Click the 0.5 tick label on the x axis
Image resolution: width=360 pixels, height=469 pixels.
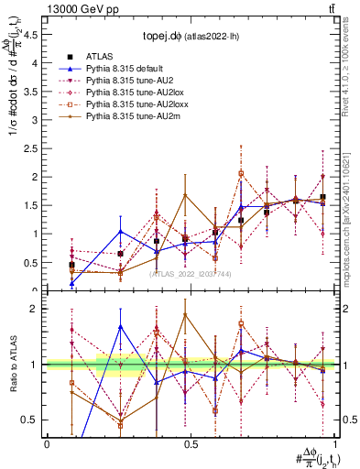[190, 443]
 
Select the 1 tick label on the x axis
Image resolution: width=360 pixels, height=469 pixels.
[333, 443]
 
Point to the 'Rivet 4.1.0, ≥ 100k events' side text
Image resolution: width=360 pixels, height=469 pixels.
[351, 69]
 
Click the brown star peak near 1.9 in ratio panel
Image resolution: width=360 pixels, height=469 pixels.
[185, 314]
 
